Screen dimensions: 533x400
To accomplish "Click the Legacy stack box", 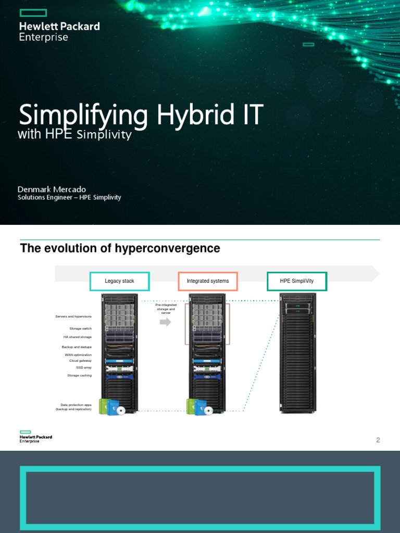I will click(x=119, y=281).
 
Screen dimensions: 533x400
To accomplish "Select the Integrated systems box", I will click(x=208, y=281).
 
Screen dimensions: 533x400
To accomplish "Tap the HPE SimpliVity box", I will click(x=297, y=281).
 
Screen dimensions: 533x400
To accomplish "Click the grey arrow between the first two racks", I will click(x=165, y=322).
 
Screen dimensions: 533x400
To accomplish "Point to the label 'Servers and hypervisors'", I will click(x=73, y=316).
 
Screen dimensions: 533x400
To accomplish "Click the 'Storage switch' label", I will click(x=80, y=328).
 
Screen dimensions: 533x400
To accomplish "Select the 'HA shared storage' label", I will click(x=77, y=337).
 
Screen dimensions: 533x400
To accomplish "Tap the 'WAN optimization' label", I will click(x=78, y=355).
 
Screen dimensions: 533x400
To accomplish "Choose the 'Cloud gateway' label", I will click(x=80, y=361).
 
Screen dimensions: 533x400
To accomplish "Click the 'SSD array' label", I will click(x=84, y=367).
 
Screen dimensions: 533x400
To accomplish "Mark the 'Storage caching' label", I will click(x=79, y=375).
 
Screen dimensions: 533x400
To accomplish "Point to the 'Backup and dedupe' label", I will click(x=77, y=347).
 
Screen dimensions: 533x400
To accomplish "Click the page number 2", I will click(x=378, y=440).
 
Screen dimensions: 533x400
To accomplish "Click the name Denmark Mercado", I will click(x=52, y=189).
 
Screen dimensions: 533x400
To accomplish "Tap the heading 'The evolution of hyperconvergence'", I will click(x=120, y=249).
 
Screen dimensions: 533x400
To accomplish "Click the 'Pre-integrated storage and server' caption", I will click(x=165, y=309).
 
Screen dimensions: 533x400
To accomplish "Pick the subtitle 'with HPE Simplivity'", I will click(x=74, y=135).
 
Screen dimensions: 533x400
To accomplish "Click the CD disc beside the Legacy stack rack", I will click(x=121, y=410).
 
